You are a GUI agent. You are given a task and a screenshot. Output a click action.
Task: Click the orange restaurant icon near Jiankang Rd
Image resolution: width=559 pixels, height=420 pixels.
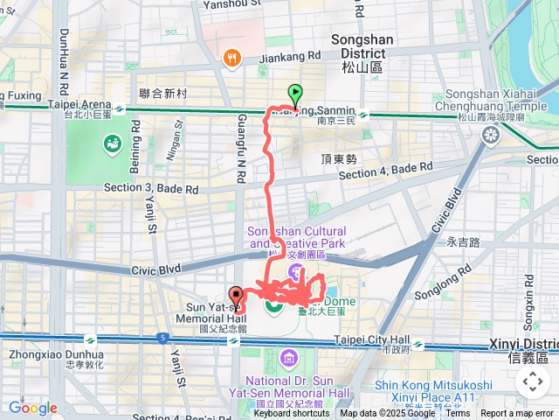[x=231, y=58]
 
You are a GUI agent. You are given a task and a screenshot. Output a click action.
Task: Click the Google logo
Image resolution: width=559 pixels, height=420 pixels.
[x=32, y=408]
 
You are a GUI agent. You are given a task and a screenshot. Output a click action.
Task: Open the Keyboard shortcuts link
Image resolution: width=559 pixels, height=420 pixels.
[x=292, y=414]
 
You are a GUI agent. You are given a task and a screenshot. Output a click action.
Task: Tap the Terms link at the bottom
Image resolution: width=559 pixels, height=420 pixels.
[x=458, y=414]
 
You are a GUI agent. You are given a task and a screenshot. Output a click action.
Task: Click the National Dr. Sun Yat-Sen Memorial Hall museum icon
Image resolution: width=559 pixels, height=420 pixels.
[x=289, y=359]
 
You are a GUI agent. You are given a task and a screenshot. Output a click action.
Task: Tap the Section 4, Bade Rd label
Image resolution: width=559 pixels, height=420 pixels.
[x=385, y=170]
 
